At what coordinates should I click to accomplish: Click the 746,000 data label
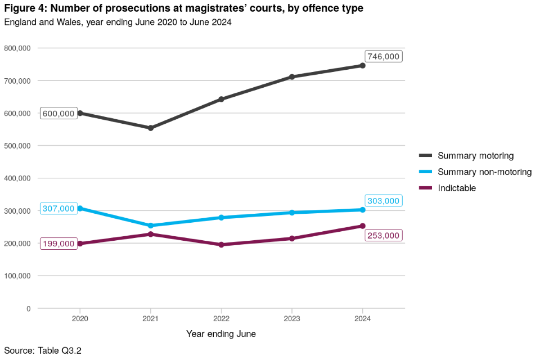point(384,56)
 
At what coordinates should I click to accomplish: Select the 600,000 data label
point(58,114)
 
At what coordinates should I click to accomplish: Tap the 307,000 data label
point(58,209)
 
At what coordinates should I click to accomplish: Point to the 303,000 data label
point(383,201)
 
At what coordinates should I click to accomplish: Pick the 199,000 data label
point(58,244)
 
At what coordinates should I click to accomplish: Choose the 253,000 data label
point(384,236)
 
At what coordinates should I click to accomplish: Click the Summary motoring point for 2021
point(151,128)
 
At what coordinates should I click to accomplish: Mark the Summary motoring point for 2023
point(292,77)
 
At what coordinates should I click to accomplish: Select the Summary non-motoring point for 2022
point(221,218)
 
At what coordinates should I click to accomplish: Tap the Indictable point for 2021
point(151,234)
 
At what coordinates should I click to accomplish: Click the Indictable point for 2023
point(292,238)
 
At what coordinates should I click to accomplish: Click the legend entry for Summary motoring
point(475,156)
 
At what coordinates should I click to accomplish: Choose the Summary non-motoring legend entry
point(484,172)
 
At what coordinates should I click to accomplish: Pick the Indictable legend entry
point(457,188)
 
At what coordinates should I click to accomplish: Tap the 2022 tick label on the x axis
point(221,318)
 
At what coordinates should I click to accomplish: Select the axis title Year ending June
point(221,334)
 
